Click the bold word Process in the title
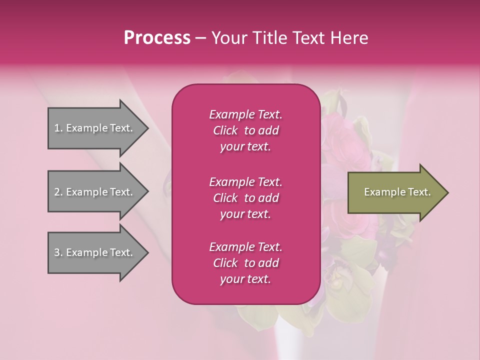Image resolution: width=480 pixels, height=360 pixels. point(157,38)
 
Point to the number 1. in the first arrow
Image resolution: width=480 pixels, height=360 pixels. point(58,128)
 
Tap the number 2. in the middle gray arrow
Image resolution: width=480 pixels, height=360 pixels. point(58,192)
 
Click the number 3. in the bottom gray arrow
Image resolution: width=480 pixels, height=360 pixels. point(58,253)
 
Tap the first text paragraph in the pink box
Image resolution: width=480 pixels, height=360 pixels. point(245,130)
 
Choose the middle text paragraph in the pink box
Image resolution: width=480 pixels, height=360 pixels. point(245,198)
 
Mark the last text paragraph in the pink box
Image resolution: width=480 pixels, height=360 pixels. point(245,263)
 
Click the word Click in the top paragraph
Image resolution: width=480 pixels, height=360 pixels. point(225,131)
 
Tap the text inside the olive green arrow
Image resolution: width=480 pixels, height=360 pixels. point(397,192)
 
